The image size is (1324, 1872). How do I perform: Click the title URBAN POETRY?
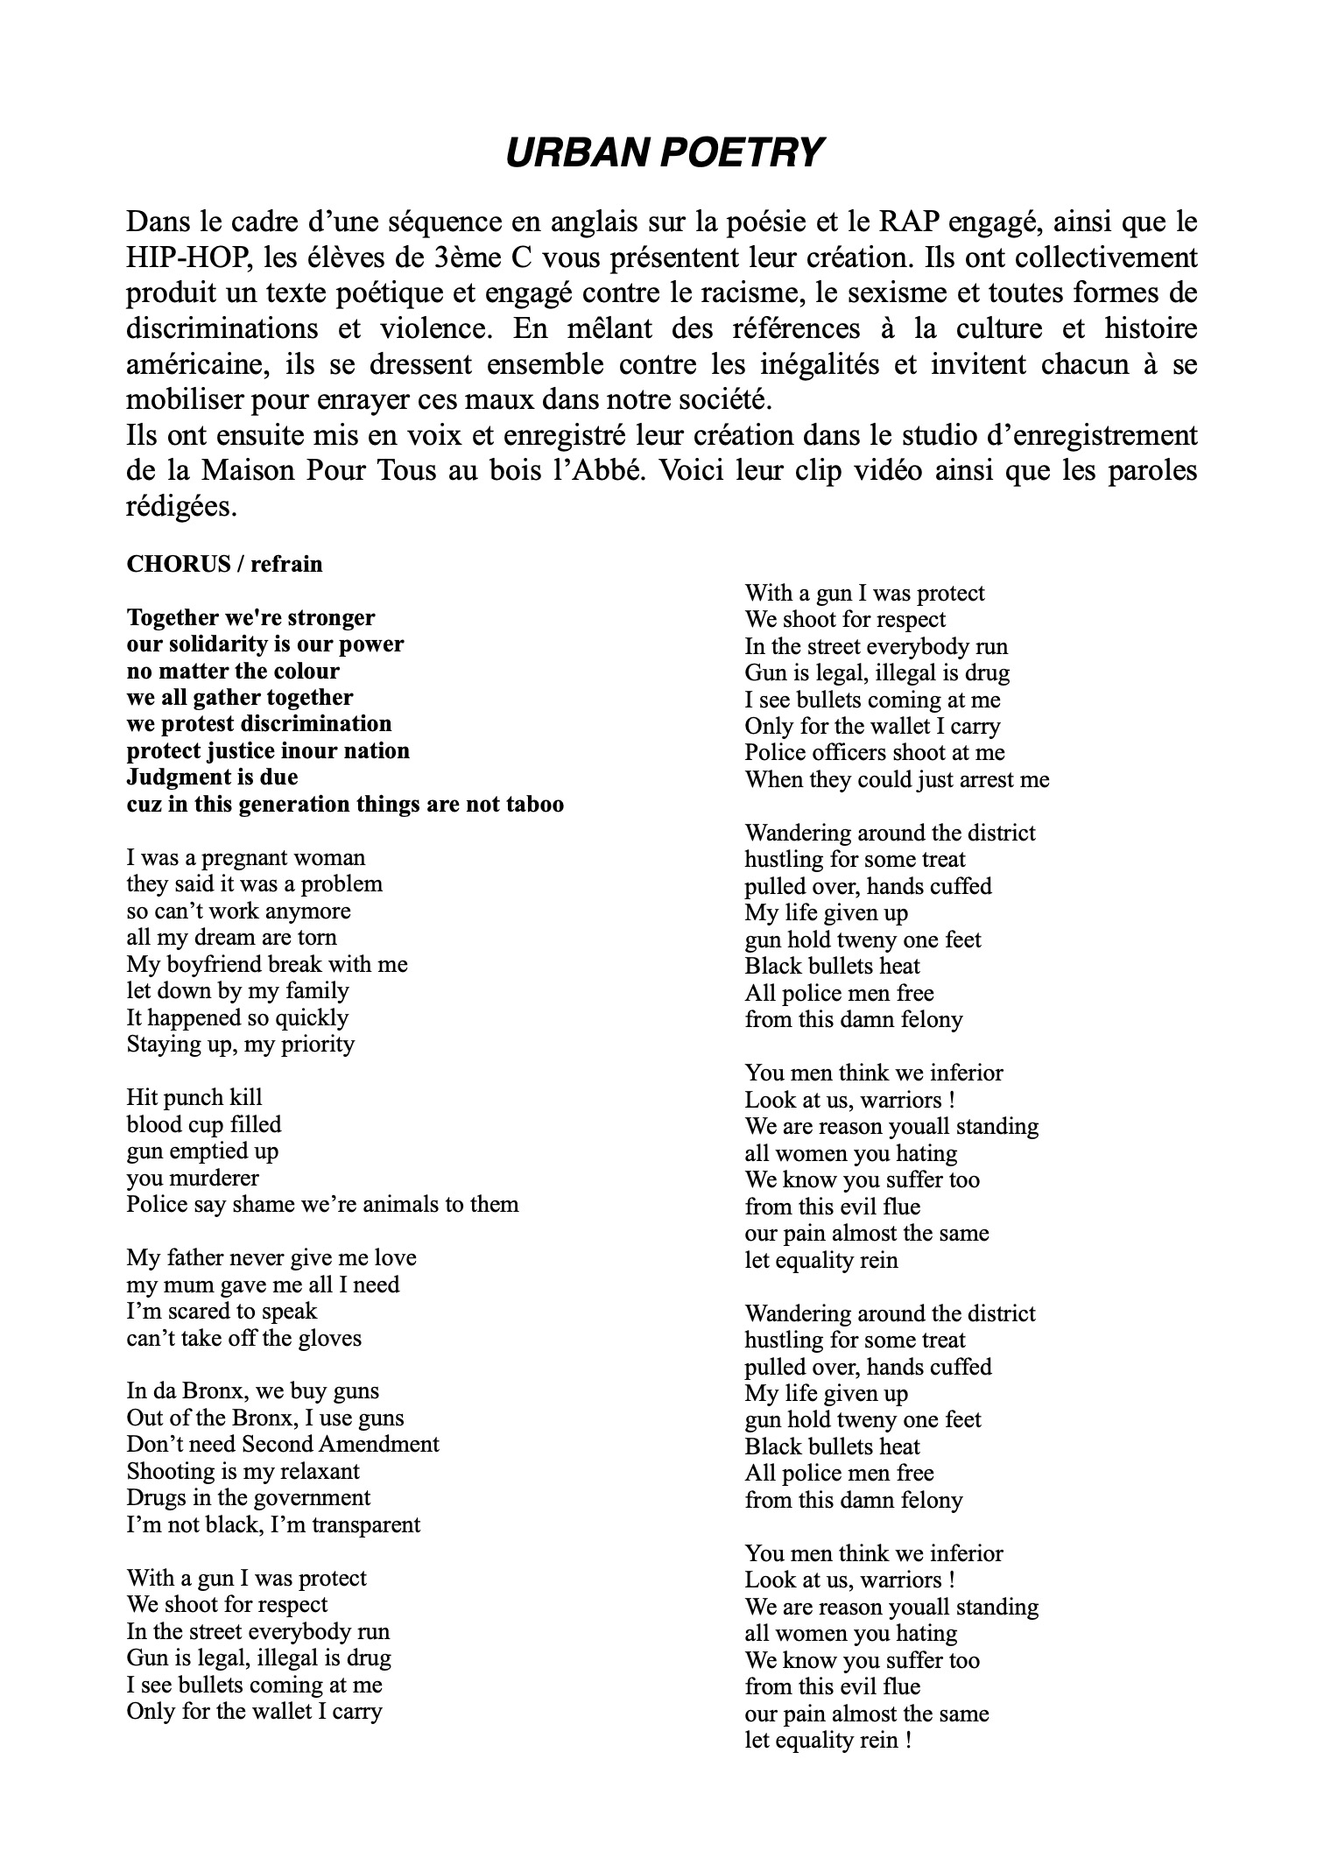pyautogui.click(x=665, y=152)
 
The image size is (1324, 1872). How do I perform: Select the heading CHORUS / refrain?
pyautogui.click(x=224, y=564)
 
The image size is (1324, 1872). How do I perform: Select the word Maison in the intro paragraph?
pyautogui.click(x=246, y=471)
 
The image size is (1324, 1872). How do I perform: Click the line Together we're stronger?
pyautogui.click(x=250, y=618)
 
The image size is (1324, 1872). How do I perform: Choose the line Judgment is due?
pyautogui.click(x=212, y=778)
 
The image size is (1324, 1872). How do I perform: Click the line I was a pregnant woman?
pyautogui.click(x=246, y=857)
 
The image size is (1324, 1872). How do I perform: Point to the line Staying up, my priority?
pyautogui.click(x=241, y=1044)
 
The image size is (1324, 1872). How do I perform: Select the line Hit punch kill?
pyautogui.click(x=194, y=1097)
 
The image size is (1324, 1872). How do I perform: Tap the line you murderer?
pyautogui.click(x=193, y=1178)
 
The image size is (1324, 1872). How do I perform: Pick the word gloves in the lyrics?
pyautogui.click(x=330, y=1338)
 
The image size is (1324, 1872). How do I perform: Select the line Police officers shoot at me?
pyautogui.click(x=875, y=752)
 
